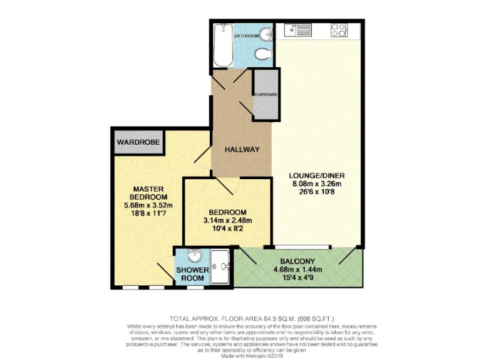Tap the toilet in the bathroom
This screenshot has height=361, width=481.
pos(262,55)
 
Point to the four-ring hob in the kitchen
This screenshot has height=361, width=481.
pos(339,29)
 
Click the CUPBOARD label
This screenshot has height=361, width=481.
pos(266,95)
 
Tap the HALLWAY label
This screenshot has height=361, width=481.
pos(242,149)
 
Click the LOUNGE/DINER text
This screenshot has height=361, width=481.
pos(318,175)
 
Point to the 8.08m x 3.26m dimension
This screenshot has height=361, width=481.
pos(318,184)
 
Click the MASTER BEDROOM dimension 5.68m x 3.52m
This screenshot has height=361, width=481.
pos(148,205)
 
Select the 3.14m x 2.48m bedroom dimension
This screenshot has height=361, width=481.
pos(227,221)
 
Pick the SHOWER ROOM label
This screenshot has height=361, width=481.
pos(192,274)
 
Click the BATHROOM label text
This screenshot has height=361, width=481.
pos(246,36)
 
